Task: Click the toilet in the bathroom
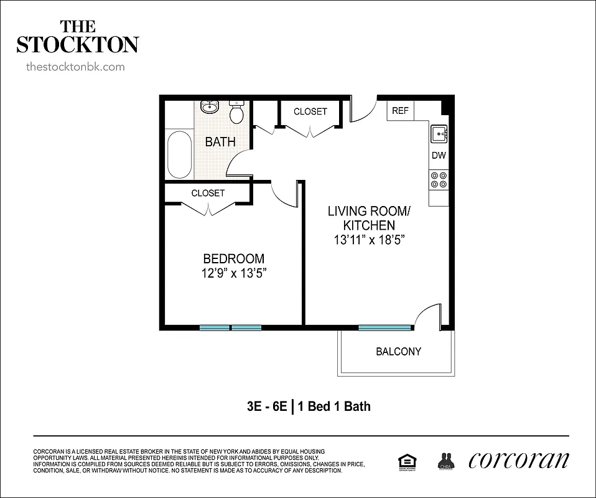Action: tap(236, 113)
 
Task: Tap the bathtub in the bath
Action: tap(180, 154)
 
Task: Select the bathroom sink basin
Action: tap(210, 107)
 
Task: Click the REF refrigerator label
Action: tap(400, 111)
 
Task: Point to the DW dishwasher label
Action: tap(439, 156)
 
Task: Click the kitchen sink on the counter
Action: tap(439, 133)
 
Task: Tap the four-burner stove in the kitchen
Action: tap(439, 179)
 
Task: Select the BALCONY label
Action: tap(398, 352)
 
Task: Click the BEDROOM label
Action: tap(234, 258)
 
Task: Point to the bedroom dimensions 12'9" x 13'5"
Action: tap(234, 273)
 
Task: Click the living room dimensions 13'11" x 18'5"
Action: tap(370, 240)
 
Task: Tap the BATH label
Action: tap(220, 141)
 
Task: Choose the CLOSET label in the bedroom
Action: tap(208, 193)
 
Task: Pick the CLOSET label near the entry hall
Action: tap(310, 111)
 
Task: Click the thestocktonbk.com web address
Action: tap(75, 67)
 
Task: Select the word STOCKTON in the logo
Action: tap(77, 45)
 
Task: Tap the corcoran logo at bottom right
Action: tap(518, 460)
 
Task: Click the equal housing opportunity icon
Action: tap(407, 461)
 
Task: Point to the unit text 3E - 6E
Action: tap(266, 406)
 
